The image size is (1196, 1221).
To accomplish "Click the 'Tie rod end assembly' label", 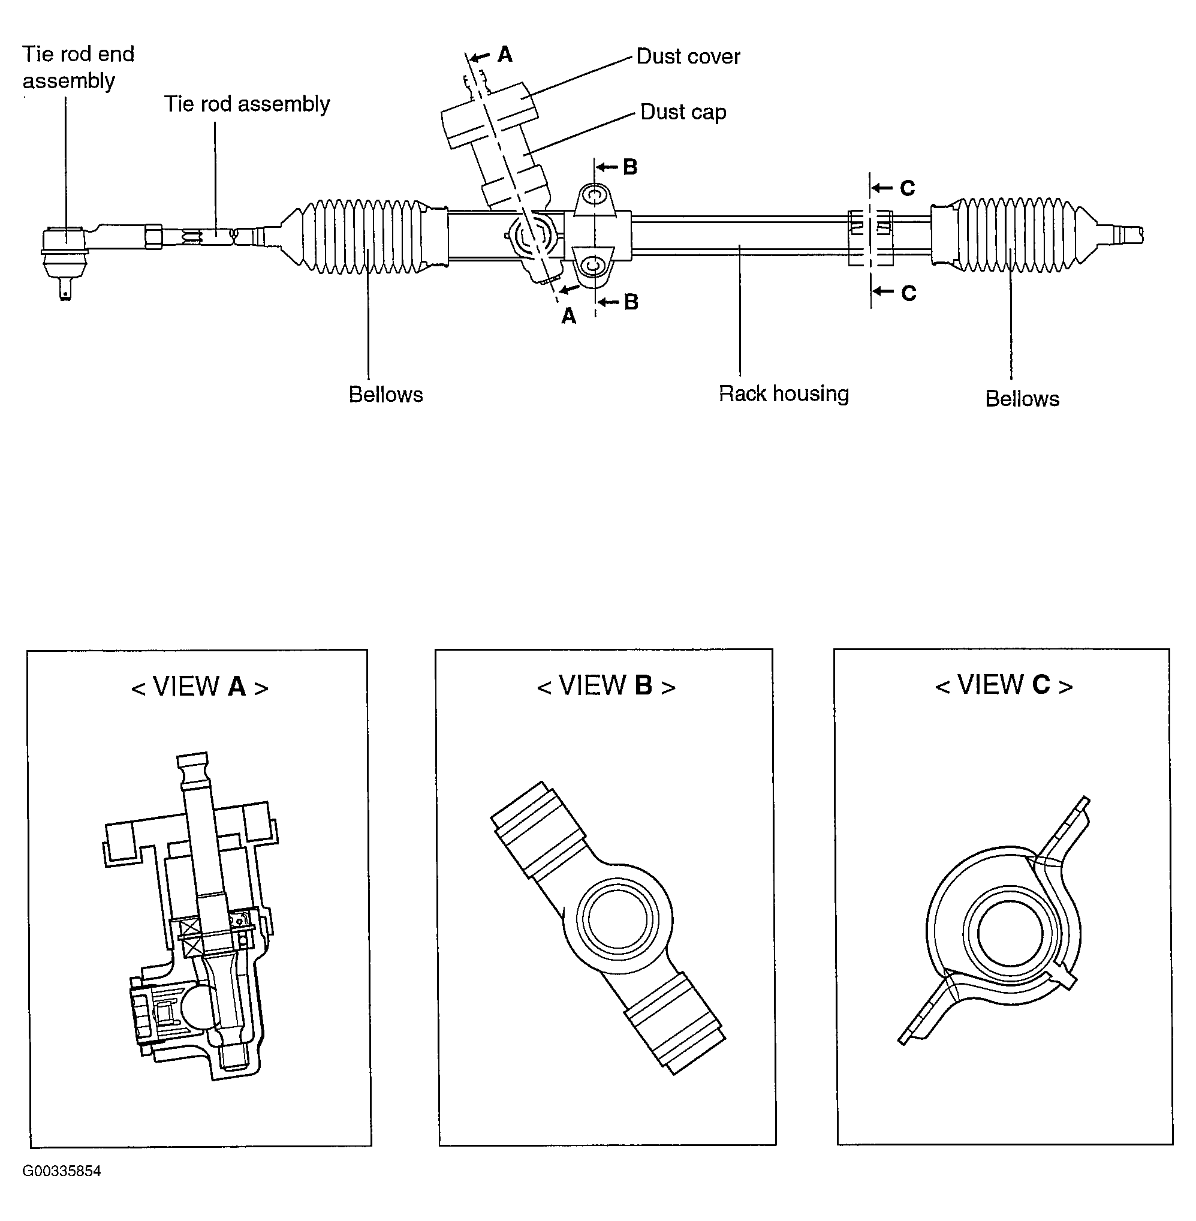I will point(78,67).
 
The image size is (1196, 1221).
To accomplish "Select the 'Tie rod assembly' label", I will point(246,104).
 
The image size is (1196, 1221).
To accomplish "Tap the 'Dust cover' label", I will point(688,56).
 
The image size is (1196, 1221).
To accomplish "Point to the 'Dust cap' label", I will point(683,112).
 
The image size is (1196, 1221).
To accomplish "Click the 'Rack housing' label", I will point(784,394).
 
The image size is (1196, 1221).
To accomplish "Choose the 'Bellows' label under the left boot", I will point(385,395).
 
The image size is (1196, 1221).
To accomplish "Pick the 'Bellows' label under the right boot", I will point(1022,399).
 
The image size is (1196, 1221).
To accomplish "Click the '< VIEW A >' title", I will point(200,687).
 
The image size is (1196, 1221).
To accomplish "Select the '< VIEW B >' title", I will point(606,685).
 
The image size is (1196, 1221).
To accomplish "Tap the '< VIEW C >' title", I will point(1004,685).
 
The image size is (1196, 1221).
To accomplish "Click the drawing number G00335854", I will point(62,1171).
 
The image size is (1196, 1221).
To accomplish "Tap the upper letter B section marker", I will point(630,167).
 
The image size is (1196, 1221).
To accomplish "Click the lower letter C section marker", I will point(908,293).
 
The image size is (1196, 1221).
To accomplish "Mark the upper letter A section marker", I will point(504,55).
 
